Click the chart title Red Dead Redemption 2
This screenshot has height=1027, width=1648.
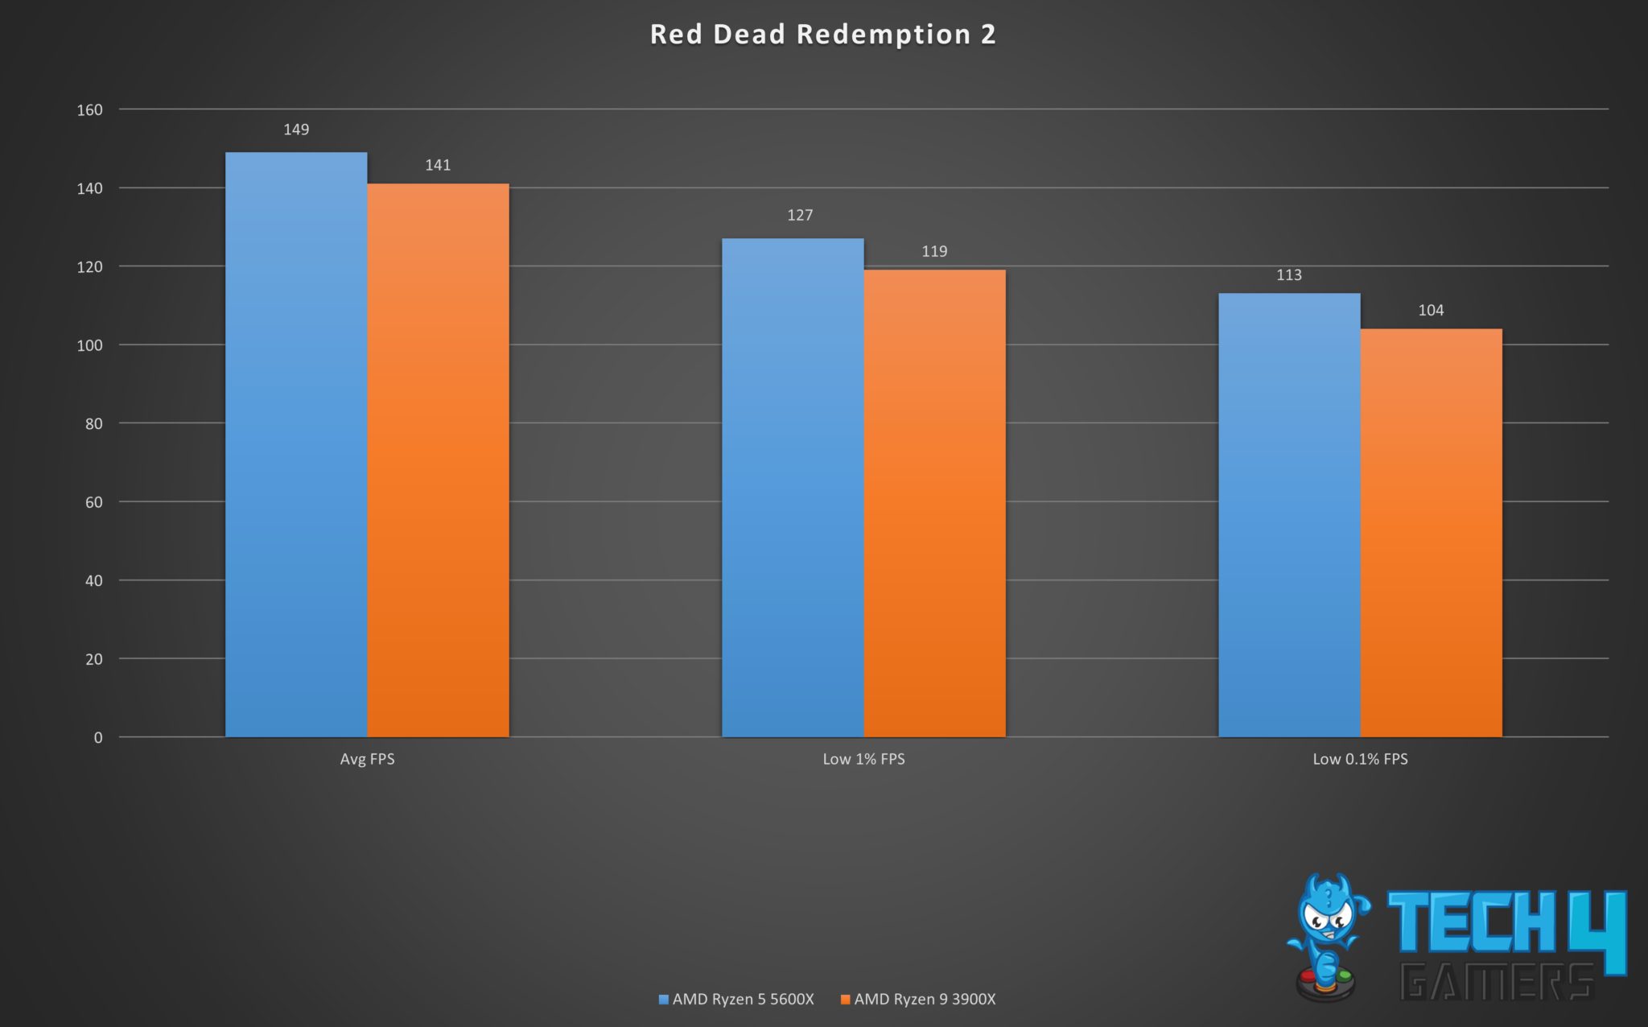pos(822,35)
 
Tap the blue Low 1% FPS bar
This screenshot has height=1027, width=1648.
pos(793,488)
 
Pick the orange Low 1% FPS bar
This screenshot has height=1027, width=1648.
pos(934,503)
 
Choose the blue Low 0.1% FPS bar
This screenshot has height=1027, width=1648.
pos(1289,515)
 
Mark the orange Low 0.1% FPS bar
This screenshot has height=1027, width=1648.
pos(1431,533)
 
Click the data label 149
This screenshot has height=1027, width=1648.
pos(296,130)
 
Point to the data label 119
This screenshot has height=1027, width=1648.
pos(934,251)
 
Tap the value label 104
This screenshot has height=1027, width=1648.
pos(1431,310)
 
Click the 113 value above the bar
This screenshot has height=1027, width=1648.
pos(1289,275)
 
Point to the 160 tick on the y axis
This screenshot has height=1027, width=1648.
pos(90,110)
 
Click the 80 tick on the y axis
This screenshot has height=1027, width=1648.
pos(94,423)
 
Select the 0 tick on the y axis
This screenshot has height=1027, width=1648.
pos(98,737)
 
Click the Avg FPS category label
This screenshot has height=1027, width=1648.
pos(367,759)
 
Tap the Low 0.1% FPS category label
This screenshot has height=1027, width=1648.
pos(1360,759)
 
